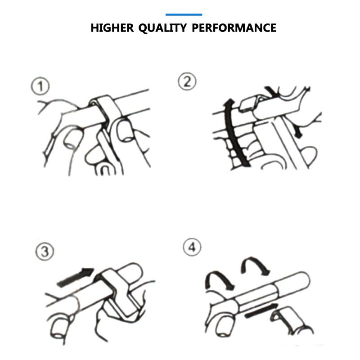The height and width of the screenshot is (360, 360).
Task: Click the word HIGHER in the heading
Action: pyautogui.click(x=112, y=28)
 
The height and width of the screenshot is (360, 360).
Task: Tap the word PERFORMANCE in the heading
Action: pyautogui.click(x=234, y=28)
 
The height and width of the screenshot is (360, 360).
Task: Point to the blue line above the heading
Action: pyautogui.click(x=184, y=15)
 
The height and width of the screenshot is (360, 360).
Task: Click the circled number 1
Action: pyautogui.click(x=40, y=86)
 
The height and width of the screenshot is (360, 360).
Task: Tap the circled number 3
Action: pyautogui.click(x=45, y=251)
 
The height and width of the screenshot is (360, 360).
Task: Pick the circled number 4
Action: pyautogui.click(x=192, y=247)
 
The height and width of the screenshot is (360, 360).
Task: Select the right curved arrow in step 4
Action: pyautogui.click(x=255, y=265)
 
